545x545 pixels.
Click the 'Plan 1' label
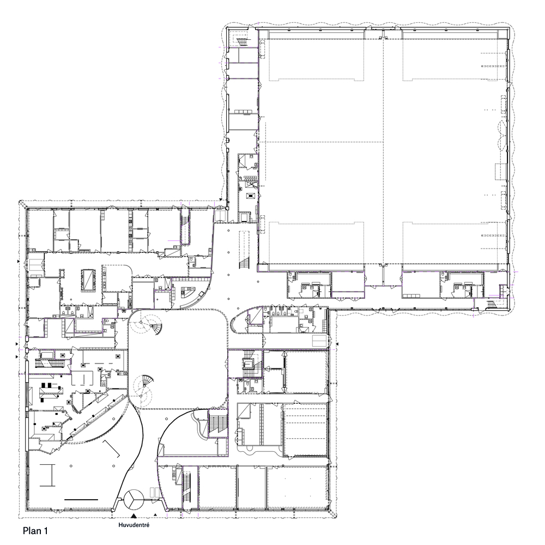pyautogui.click(x=38, y=529)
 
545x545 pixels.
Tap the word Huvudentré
pyautogui.click(x=134, y=526)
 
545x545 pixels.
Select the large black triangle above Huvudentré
pyautogui.click(x=134, y=515)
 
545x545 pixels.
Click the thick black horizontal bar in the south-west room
pyautogui.click(x=81, y=499)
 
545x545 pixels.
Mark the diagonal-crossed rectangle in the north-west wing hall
pyautogui.click(x=88, y=280)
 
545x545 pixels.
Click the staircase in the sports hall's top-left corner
pyautogui.click(x=240, y=39)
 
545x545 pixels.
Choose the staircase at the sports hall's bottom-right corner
pyautogui.click(x=496, y=303)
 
